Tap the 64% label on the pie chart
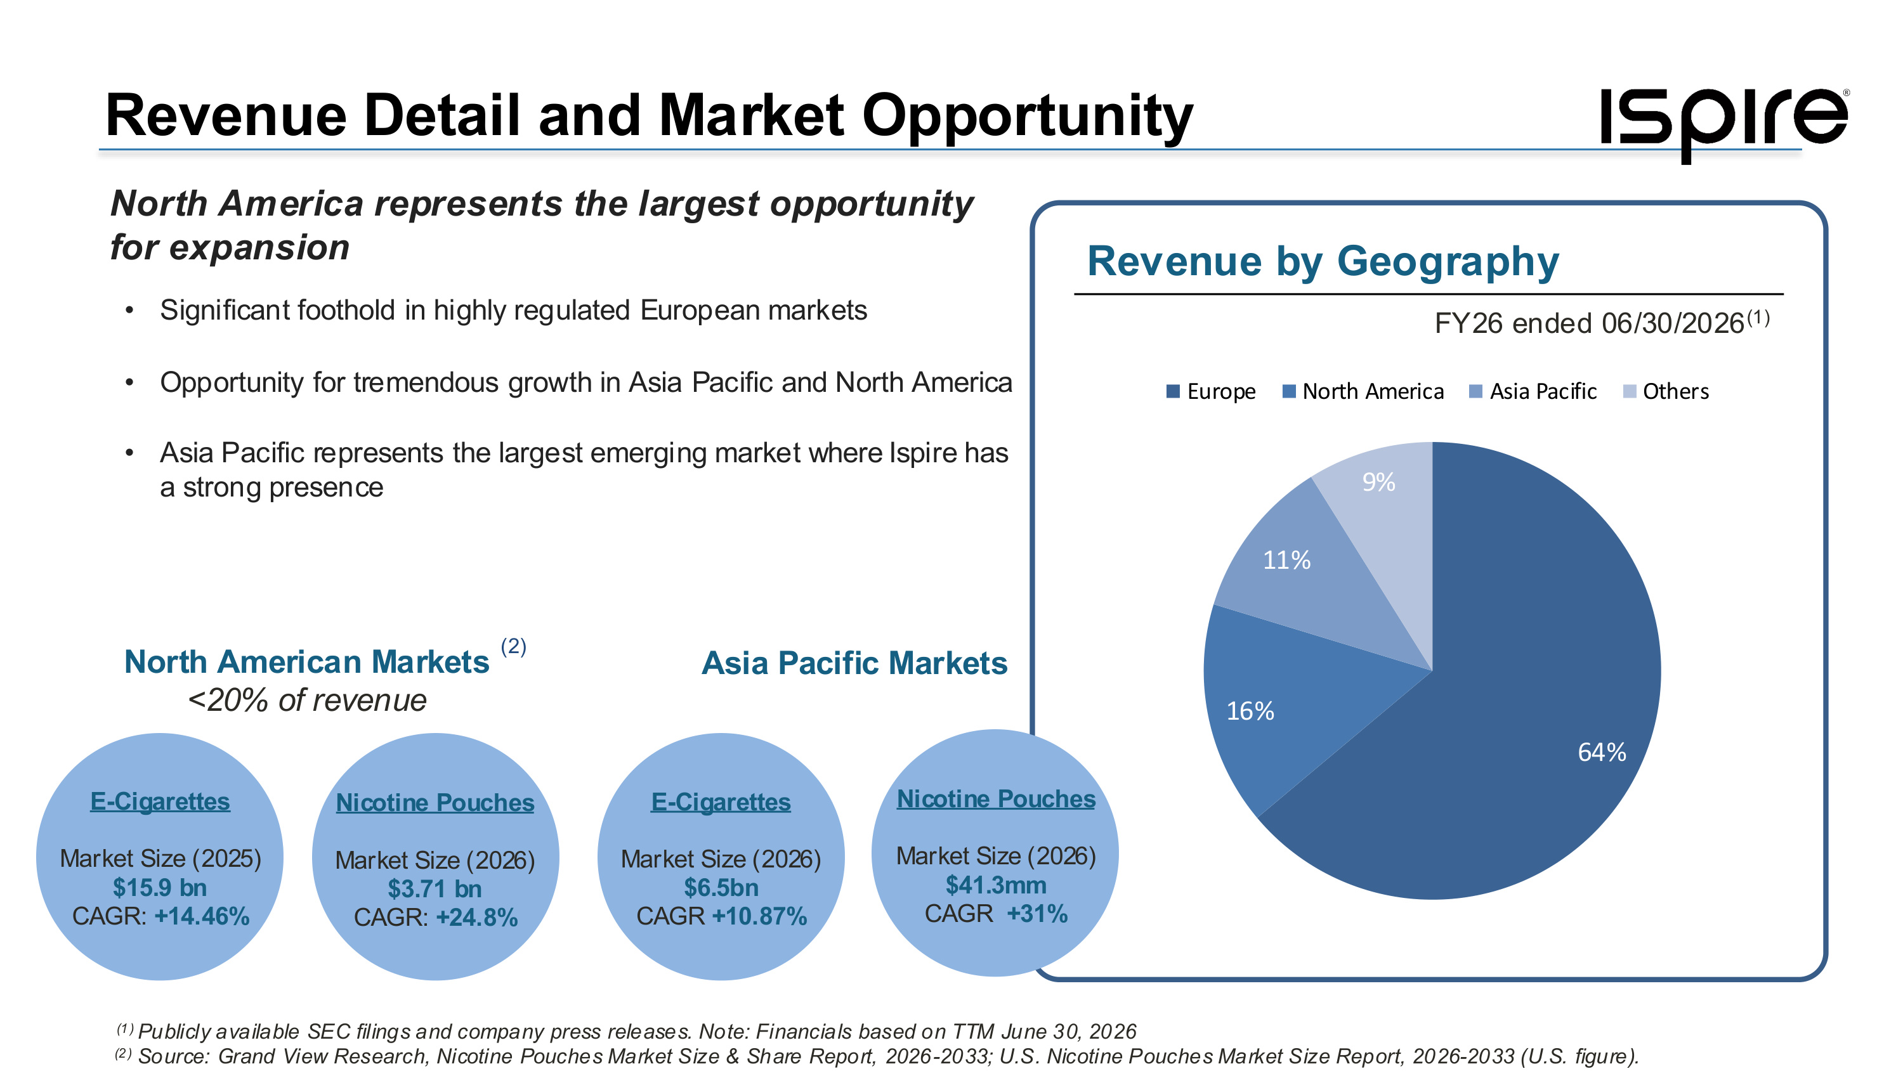pyautogui.click(x=1602, y=752)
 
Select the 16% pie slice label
pyautogui.click(x=1250, y=711)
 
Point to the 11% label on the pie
pyautogui.click(x=1287, y=560)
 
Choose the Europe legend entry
pyautogui.click(x=1211, y=391)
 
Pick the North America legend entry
pyautogui.click(x=1363, y=391)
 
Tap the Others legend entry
pyautogui.click(x=1666, y=391)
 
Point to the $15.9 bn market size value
pyautogui.click(x=160, y=887)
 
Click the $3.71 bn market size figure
pyautogui.click(x=435, y=888)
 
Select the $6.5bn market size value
pyautogui.click(x=721, y=887)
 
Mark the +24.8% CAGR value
pyautogui.click(x=476, y=918)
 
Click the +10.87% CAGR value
pyautogui.click(x=759, y=916)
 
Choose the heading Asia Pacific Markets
pyautogui.click(x=854, y=663)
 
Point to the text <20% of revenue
pyautogui.click(x=307, y=700)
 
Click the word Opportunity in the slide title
pyautogui.click(x=1028, y=117)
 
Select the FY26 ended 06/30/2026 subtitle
pyautogui.click(x=1602, y=323)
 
